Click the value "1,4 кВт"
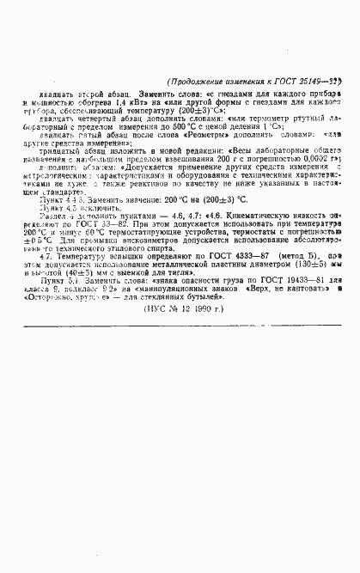click(x=115, y=102)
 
